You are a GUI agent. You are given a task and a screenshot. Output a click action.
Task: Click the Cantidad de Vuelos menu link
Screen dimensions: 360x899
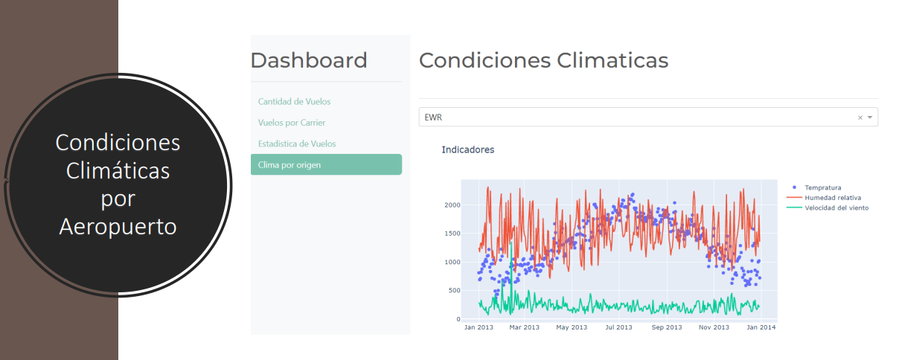tap(294, 101)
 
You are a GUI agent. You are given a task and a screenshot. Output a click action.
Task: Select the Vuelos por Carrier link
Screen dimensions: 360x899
tap(291, 122)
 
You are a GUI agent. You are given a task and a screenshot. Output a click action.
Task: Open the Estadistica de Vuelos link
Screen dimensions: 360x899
tap(297, 144)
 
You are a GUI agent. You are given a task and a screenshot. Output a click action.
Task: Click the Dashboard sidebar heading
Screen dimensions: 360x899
tap(309, 60)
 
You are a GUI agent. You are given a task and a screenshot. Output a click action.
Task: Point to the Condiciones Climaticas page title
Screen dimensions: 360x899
tap(543, 60)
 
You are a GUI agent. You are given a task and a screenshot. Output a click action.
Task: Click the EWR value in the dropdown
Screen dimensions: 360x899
tap(433, 118)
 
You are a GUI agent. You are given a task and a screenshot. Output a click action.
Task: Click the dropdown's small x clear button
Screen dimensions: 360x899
tap(860, 118)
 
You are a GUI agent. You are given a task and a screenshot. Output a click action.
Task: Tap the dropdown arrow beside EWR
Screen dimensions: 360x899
tap(869, 118)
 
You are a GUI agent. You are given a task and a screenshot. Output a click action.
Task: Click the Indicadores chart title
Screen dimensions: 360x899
tap(467, 150)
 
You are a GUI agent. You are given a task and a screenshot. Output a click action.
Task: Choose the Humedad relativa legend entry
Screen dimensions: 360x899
tap(833, 198)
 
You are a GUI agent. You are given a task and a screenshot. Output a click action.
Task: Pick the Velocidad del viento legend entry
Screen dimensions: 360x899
tap(836, 208)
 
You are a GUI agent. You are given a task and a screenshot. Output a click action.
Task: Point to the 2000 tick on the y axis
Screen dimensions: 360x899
tap(452, 205)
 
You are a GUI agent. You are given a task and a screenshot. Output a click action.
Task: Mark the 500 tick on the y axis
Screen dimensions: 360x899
tap(455, 291)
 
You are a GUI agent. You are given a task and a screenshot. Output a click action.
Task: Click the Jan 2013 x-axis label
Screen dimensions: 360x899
tap(479, 327)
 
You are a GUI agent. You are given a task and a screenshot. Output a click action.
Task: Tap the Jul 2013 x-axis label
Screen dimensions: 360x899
tap(618, 327)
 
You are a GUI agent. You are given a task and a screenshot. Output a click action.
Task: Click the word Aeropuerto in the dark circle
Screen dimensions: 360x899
tap(118, 226)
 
